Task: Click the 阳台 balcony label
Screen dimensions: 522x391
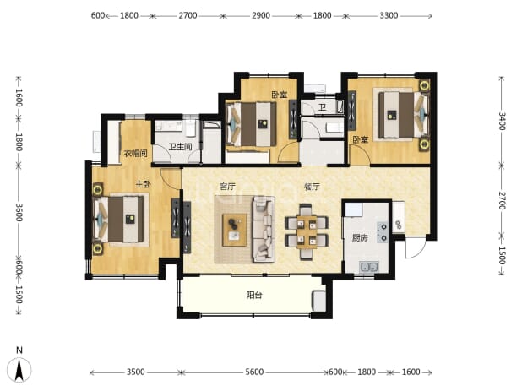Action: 254,296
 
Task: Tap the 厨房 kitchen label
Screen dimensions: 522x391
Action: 360,238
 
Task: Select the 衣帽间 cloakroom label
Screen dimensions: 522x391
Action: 135,154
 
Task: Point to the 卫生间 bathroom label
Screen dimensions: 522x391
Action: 180,147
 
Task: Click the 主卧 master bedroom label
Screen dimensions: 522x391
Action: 143,184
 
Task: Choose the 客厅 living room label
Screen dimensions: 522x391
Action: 227,187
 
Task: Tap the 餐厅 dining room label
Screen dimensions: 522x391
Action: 312,187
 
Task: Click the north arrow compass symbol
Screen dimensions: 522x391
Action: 19,369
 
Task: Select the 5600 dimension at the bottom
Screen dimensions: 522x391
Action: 254,372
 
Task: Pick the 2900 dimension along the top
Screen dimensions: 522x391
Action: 261,16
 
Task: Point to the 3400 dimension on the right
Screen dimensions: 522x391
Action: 502,121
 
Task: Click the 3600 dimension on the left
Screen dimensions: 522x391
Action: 19,212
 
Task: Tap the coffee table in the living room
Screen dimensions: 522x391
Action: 234,230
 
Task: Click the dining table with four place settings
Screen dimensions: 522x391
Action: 307,232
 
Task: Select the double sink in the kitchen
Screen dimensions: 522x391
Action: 369,267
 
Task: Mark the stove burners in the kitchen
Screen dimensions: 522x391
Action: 382,232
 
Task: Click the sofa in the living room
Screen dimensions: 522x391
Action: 264,229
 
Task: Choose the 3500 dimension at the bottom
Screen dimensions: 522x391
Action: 135,372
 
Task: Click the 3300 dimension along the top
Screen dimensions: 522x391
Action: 389,16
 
